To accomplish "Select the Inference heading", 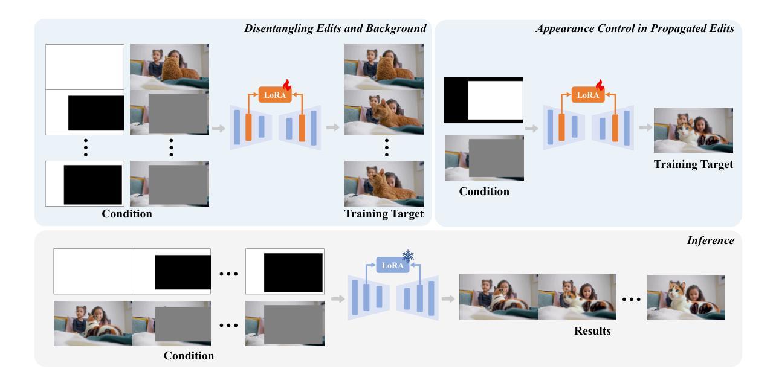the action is pos(711,240).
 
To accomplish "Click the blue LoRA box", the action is pos(392,265).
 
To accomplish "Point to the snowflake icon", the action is pos(408,256).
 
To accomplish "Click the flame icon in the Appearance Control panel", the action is pos(600,85).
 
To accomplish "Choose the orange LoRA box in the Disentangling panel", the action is pos(275,94).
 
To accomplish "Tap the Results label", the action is pos(592,331).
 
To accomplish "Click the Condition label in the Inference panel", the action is pos(189,356).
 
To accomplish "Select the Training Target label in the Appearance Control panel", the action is pos(694,164).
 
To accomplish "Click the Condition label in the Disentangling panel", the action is pos(127,214).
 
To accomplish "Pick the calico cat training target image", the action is pos(693,130).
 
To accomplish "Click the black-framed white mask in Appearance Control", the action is pos(483,100).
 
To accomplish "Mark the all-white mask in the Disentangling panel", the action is pos(85,67).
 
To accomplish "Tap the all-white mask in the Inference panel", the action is pos(93,271).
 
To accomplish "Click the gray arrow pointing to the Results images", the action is pos(448,299).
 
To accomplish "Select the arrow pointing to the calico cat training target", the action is pos(645,127).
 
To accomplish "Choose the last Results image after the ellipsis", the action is pos(685,297).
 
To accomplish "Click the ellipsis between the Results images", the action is pos(631,299).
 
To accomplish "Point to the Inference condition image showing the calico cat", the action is pos(93,323).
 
